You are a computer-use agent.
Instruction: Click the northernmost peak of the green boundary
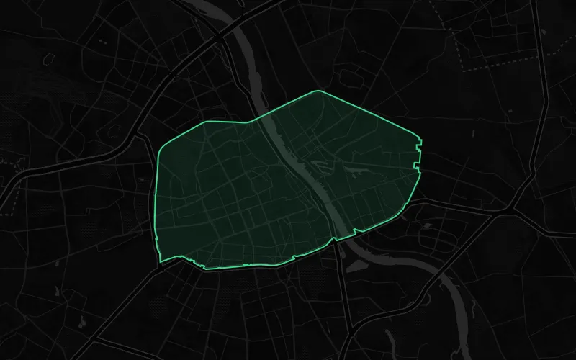pos(319,91)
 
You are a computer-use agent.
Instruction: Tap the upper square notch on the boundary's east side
pos(418,147)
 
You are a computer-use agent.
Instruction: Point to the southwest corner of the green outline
pos(160,261)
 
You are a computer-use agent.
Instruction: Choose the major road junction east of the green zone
pos(513,210)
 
